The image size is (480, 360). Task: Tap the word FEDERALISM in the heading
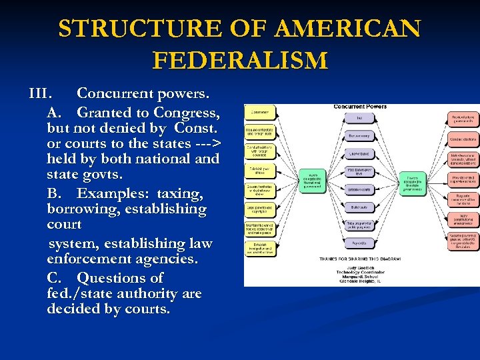pyautogui.click(x=240, y=61)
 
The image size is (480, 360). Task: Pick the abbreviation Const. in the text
pyautogui.click(x=197, y=127)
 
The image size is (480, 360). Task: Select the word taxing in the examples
pyautogui.click(x=180, y=193)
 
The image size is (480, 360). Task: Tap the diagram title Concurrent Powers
pyautogui.click(x=360, y=106)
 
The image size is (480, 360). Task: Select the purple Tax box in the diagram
pyautogui.click(x=360, y=118)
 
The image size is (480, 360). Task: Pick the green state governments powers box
pyautogui.click(x=411, y=183)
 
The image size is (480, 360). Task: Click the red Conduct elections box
pyautogui.click(x=463, y=140)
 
